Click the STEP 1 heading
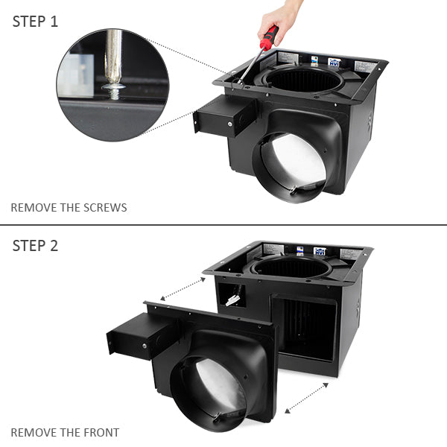[35, 21]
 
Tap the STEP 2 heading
[35, 246]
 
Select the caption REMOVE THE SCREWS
[69, 207]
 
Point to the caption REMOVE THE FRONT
[65, 432]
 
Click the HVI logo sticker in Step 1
[335, 63]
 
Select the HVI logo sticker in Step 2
[320, 252]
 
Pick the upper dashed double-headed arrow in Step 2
[183, 288]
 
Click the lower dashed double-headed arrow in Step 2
[306, 398]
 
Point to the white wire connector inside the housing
[232, 299]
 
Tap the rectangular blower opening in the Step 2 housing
[305, 328]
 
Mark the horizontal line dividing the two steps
[223, 225]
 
